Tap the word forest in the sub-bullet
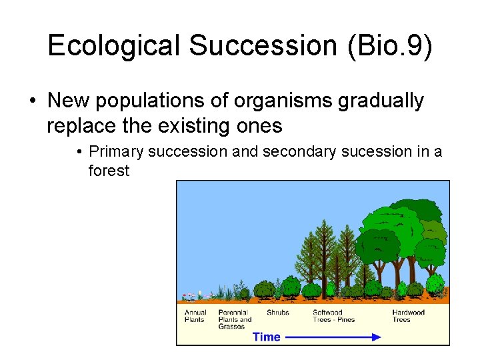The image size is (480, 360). click(x=109, y=171)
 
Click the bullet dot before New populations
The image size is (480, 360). click(x=32, y=101)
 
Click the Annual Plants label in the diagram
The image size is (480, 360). click(x=195, y=315)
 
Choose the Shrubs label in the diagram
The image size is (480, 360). click(x=277, y=312)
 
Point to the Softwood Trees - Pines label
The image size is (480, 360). click(x=333, y=315)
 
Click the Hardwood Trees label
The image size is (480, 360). click(x=408, y=315)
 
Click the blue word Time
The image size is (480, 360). click(x=267, y=337)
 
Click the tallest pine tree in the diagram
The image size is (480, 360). click(x=324, y=253)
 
